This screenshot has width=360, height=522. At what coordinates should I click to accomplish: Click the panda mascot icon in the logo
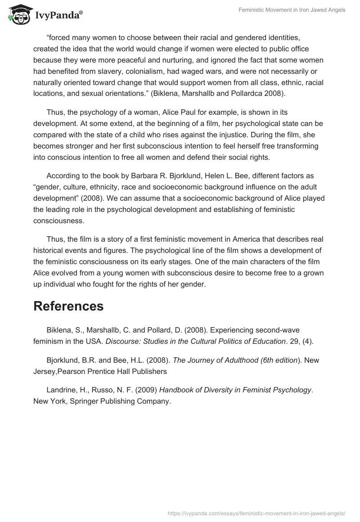pyautogui.click(x=18, y=15)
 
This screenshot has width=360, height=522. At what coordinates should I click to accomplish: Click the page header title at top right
pyautogui.click(x=292, y=10)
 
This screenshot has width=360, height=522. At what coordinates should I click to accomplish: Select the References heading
pyautogui.click(x=68, y=306)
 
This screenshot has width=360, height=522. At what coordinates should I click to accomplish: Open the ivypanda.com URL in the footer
pyautogui.click(x=256, y=513)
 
